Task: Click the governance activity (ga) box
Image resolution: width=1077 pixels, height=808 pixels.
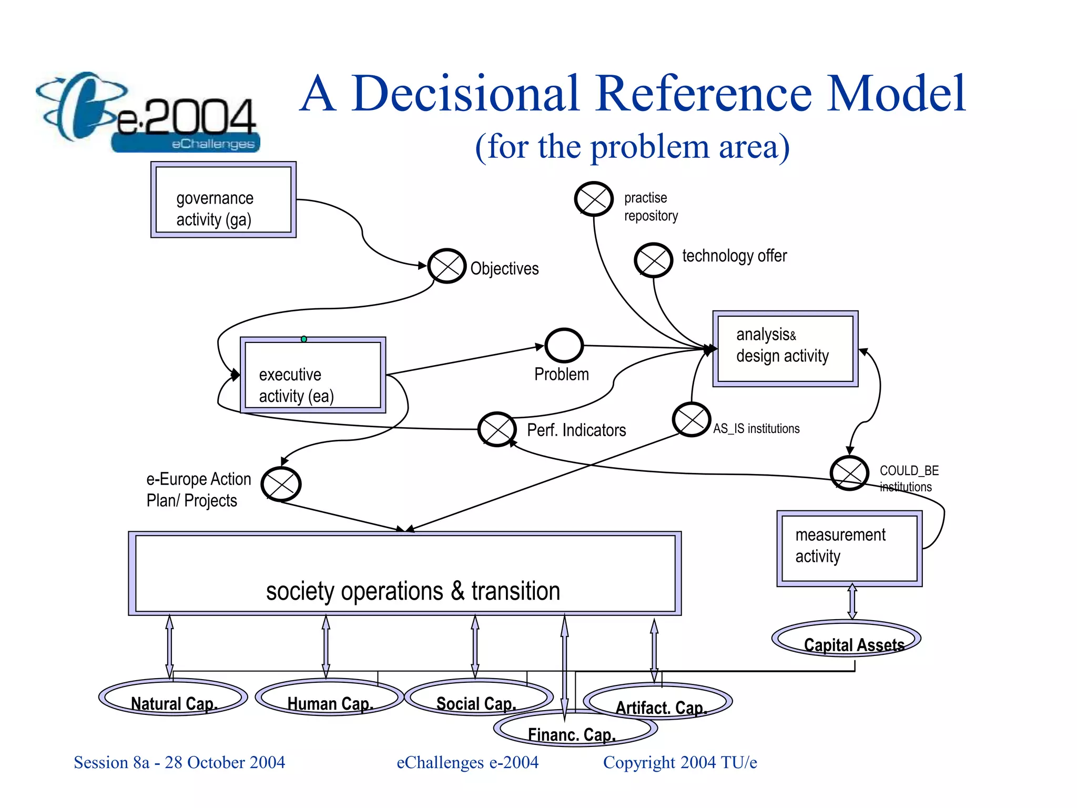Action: [x=223, y=200]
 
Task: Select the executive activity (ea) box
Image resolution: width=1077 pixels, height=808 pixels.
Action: [x=313, y=375]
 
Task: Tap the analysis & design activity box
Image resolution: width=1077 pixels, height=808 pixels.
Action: [x=785, y=349]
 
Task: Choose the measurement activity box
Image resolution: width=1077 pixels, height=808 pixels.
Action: [x=849, y=548]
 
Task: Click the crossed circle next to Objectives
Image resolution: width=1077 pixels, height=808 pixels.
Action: [x=446, y=266]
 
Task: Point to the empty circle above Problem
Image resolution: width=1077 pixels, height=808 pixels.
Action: [x=564, y=346]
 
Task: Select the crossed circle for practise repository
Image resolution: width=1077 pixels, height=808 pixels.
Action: [x=594, y=199]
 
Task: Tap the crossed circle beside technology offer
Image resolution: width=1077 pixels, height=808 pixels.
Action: [x=653, y=260]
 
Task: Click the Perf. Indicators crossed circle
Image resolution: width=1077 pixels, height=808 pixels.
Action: [x=497, y=429]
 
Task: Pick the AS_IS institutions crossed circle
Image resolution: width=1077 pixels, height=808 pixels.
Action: [x=692, y=420]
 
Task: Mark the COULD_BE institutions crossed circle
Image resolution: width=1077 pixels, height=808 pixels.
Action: [x=849, y=473]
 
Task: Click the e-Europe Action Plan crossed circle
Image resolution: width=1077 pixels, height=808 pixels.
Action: [x=281, y=484]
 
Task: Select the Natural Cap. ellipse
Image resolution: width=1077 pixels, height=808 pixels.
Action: [x=173, y=698]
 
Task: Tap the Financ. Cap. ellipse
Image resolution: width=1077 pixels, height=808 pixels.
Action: [x=575, y=730]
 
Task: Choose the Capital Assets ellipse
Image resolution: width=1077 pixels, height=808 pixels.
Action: [x=846, y=639]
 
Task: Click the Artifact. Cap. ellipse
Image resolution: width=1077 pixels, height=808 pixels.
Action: [x=658, y=702]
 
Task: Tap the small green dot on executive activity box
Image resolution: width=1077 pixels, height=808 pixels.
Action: [x=304, y=339]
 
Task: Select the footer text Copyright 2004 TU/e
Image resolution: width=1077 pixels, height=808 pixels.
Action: [x=680, y=762]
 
